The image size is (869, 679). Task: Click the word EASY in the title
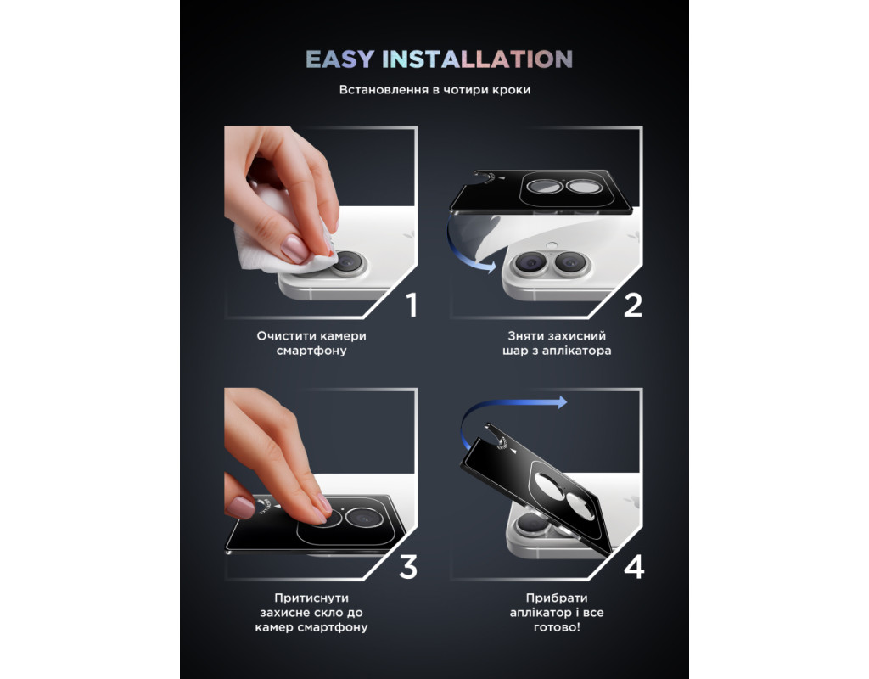tap(339, 59)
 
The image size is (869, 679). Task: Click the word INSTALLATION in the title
tap(477, 59)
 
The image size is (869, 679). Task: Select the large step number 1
tap(412, 305)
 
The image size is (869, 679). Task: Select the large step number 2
tap(633, 305)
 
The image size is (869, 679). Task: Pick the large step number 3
tap(408, 567)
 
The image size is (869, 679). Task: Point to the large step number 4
tap(634, 567)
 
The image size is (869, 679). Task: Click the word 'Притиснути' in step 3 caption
tap(311, 598)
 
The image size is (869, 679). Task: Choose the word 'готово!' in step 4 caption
tap(557, 627)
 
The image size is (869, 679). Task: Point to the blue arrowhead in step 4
tap(562, 402)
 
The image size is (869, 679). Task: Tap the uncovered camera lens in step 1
tap(348, 261)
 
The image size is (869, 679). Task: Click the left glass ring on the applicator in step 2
tap(544, 186)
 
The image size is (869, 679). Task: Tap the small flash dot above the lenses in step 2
tap(551, 244)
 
